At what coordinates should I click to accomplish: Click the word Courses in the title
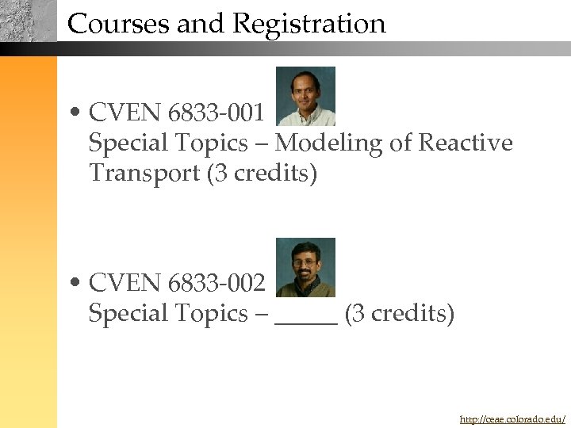(119, 24)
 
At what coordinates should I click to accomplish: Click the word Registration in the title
(308, 25)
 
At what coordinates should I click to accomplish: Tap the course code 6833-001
(217, 113)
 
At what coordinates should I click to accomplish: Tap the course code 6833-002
(217, 283)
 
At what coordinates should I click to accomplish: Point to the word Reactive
(466, 143)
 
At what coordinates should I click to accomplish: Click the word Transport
(144, 173)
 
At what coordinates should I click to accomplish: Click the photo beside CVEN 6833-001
(305, 96)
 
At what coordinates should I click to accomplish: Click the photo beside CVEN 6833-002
(305, 267)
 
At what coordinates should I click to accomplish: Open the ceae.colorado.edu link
(512, 418)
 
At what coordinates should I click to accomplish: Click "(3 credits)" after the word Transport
(262, 173)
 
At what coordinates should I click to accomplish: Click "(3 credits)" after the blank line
(400, 314)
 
